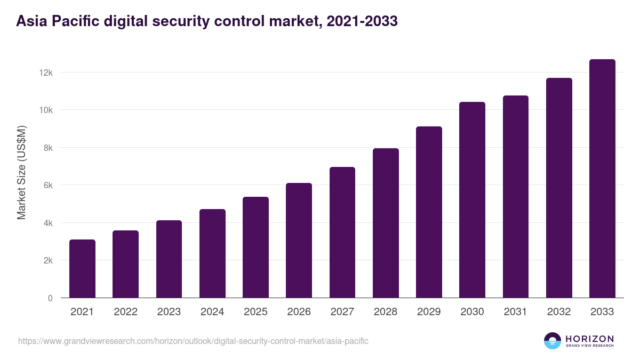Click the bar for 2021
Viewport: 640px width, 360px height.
pyautogui.click(x=82, y=269)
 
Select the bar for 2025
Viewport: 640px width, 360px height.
pyautogui.click(x=255, y=247)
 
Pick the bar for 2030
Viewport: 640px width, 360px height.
pyautogui.click(x=472, y=200)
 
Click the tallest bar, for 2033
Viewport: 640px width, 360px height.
pyautogui.click(x=602, y=179)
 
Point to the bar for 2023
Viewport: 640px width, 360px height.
pyautogui.click(x=169, y=259)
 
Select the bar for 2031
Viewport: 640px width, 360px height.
pyautogui.click(x=515, y=197)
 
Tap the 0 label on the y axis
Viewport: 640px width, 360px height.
pyautogui.click(x=50, y=299)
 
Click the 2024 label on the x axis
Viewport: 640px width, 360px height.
pyautogui.click(x=212, y=312)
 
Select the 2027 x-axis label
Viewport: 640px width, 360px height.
pyautogui.click(x=342, y=312)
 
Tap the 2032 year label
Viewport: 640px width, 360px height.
pyautogui.click(x=559, y=312)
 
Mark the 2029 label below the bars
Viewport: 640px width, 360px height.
pyautogui.click(x=429, y=312)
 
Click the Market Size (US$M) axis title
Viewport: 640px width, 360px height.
pyautogui.click(x=21, y=173)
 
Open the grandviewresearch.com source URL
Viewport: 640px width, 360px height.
pyautogui.click(x=193, y=341)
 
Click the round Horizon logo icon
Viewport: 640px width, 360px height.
pyautogui.click(x=553, y=341)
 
